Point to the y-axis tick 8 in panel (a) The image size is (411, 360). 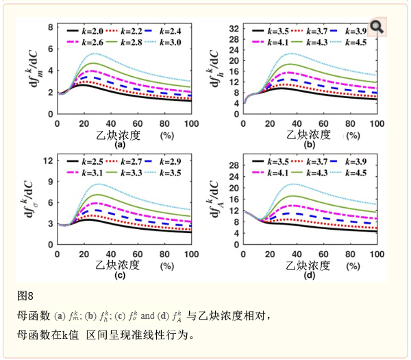click(49, 28)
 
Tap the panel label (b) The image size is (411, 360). click(309, 145)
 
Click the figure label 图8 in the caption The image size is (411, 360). click(25, 296)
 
